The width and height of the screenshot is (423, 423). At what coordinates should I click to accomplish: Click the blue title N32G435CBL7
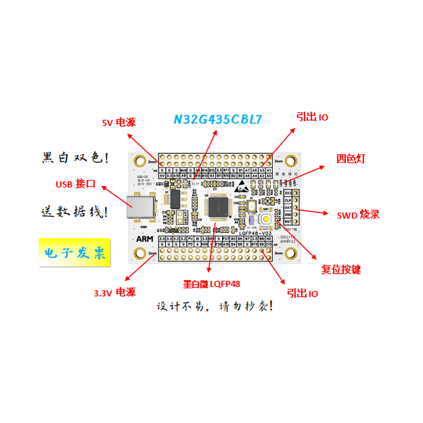(x=218, y=119)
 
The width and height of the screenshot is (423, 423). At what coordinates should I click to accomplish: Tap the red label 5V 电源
(x=119, y=123)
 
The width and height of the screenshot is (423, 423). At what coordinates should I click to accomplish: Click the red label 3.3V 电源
(x=115, y=292)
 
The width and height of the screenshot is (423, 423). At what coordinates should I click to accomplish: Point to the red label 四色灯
(x=351, y=159)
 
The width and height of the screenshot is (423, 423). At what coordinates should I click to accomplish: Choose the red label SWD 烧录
(x=358, y=215)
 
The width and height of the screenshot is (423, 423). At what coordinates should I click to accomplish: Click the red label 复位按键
(x=341, y=269)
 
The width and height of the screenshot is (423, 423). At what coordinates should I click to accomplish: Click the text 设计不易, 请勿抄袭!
(x=215, y=306)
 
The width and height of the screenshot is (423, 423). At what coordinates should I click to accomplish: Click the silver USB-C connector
(x=140, y=207)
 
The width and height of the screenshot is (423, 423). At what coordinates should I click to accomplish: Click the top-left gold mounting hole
(x=140, y=161)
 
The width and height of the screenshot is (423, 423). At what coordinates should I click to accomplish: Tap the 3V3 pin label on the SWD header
(x=288, y=193)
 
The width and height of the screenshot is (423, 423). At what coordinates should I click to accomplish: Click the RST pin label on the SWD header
(x=288, y=222)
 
